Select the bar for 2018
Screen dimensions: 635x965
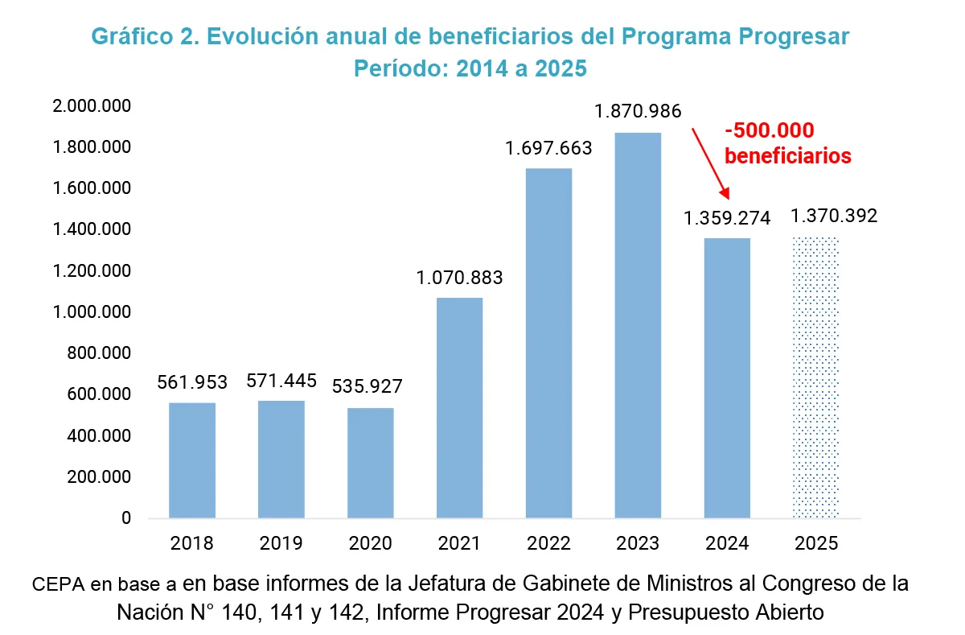(192, 460)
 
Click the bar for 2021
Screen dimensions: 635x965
(460, 407)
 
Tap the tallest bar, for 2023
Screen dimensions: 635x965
(638, 324)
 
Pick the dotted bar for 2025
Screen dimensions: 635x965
(815, 377)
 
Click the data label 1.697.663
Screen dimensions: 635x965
(548, 149)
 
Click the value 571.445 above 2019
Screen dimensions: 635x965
(281, 380)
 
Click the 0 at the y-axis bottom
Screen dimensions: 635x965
(125, 518)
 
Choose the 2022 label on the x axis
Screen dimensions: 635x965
(548, 543)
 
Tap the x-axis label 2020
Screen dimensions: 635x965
(371, 543)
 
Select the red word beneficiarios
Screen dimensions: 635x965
(787, 156)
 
